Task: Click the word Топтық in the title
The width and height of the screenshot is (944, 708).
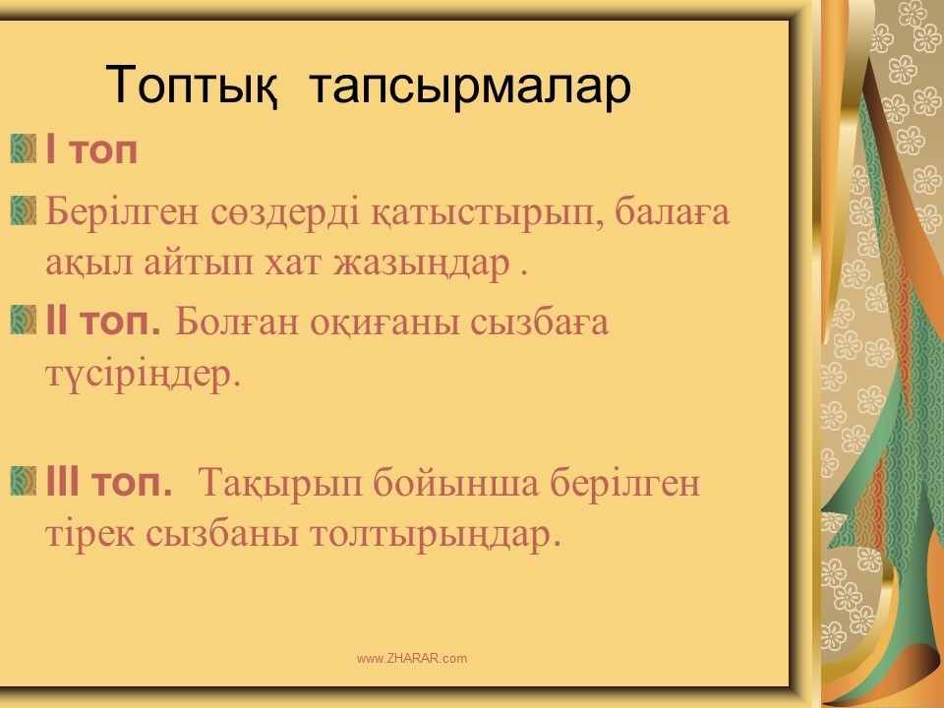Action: tap(192, 86)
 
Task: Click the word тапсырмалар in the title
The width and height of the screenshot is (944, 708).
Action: tap(471, 88)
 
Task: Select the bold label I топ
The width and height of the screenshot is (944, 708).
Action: tap(91, 149)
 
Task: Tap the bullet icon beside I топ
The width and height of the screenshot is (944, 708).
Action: tap(24, 148)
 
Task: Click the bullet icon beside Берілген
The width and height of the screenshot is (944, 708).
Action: tap(24, 210)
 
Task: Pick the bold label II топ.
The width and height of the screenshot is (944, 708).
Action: tap(103, 321)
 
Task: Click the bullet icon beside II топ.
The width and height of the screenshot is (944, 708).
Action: tap(24, 320)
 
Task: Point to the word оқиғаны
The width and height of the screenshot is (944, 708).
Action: tap(384, 324)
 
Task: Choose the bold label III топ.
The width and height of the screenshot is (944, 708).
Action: tap(109, 482)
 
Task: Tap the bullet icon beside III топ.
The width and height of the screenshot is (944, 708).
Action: tap(24, 481)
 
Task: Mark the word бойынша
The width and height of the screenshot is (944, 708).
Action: tap(455, 482)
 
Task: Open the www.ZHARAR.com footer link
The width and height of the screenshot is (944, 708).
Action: tap(412, 659)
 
